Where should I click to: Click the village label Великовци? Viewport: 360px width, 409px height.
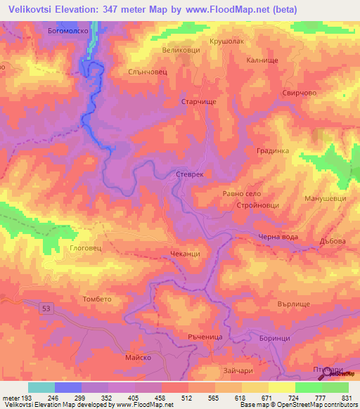[181, 51]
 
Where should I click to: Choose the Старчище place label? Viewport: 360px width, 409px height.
[199, 102]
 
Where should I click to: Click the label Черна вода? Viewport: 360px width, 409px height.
[278, 237]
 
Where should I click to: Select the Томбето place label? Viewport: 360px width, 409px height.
[97, 299]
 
